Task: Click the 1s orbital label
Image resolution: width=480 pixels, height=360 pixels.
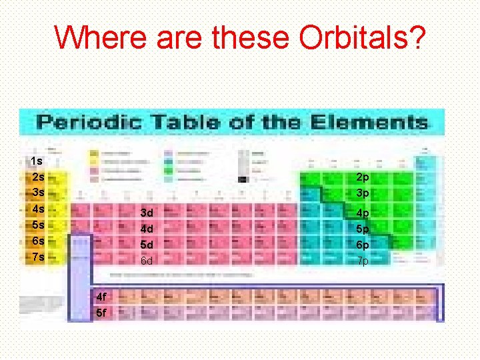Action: [37, 161]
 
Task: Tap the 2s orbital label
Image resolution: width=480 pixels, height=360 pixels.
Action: [38, 177]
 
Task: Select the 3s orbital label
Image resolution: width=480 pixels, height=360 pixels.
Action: [38, 193]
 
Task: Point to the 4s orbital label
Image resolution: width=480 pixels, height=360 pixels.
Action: [38, 209]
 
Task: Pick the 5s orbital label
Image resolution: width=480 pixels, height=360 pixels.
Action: [38, 225]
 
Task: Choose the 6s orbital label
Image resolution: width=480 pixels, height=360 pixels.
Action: [38, 241]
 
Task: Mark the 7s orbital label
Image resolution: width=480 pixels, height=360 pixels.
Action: [38, 257]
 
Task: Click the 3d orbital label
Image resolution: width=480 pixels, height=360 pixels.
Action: [147, 213]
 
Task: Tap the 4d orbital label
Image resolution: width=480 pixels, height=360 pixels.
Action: [147, 229]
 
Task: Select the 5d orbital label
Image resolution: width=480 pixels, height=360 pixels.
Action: [147, 245]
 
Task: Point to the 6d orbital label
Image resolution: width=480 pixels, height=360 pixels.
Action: [147, 261]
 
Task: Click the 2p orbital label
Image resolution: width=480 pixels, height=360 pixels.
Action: [363, 177]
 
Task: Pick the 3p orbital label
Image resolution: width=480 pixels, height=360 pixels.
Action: [363, 193]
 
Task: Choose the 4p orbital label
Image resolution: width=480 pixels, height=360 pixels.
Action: [363, 213]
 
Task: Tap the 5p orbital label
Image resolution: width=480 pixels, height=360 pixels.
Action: [363, 229]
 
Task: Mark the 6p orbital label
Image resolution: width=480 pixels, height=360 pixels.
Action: [363, 245]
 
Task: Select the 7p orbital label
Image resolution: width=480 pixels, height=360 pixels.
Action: [363, 261]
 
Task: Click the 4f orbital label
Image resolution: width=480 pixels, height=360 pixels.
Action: [101, 296]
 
